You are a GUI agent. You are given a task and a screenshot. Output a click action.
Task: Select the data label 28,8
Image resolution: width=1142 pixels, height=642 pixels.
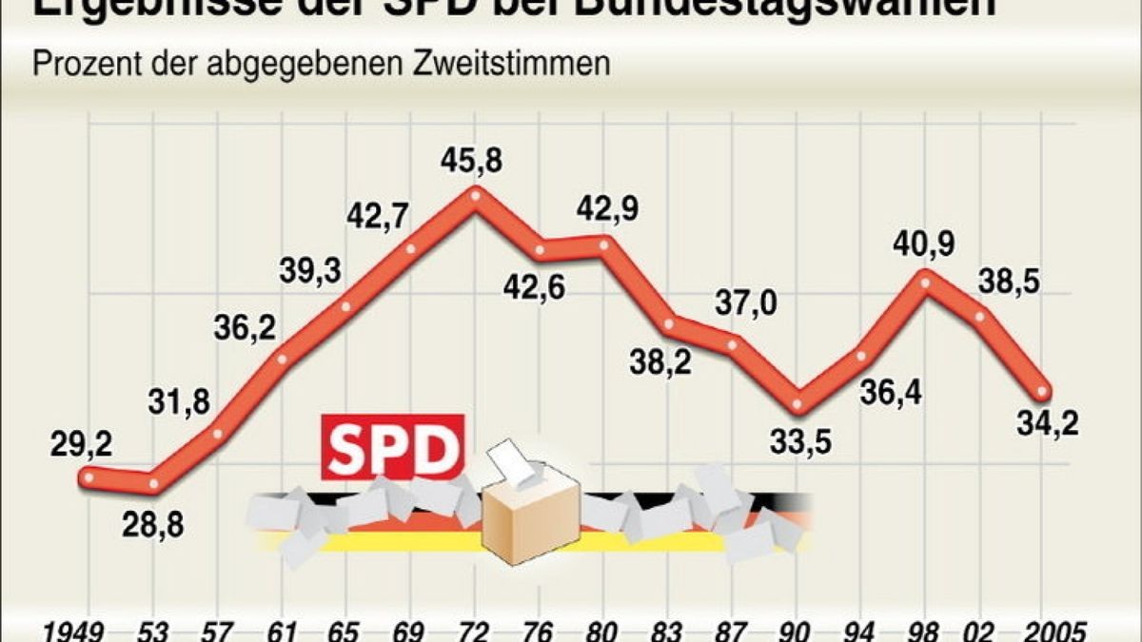(x=153, y=524)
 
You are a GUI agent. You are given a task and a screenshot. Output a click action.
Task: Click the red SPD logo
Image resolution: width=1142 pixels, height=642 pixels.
(x=392, y=447)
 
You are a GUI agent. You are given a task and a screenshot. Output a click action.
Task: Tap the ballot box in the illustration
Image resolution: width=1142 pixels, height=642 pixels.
(x=529, y=518)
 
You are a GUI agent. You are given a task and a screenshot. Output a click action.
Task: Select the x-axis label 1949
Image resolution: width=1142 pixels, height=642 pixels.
(x=76, y=631)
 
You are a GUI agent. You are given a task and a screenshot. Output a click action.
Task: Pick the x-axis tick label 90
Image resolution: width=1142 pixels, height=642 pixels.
(x=797, y=631)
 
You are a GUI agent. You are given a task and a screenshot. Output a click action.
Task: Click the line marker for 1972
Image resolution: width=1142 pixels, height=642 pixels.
(x=475, y=194)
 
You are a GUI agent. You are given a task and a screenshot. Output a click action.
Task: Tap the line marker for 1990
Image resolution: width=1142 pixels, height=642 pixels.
(x=798, y=405)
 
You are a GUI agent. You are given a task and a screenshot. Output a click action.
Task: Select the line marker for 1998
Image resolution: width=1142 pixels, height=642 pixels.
(x=924, y=277)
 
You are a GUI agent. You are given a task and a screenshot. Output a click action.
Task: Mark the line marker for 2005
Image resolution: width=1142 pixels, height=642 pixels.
(x=1043, y=392)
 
